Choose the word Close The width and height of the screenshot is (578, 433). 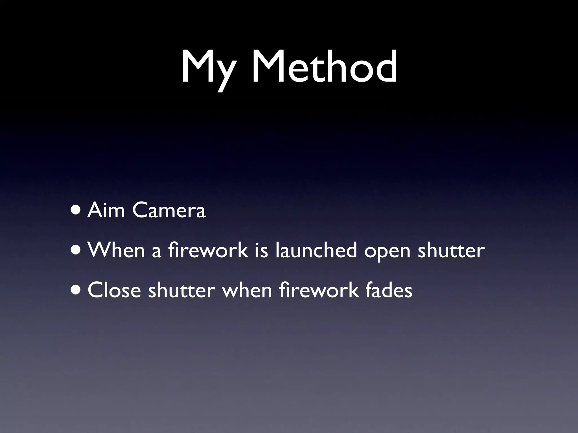tap(114, 290)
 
